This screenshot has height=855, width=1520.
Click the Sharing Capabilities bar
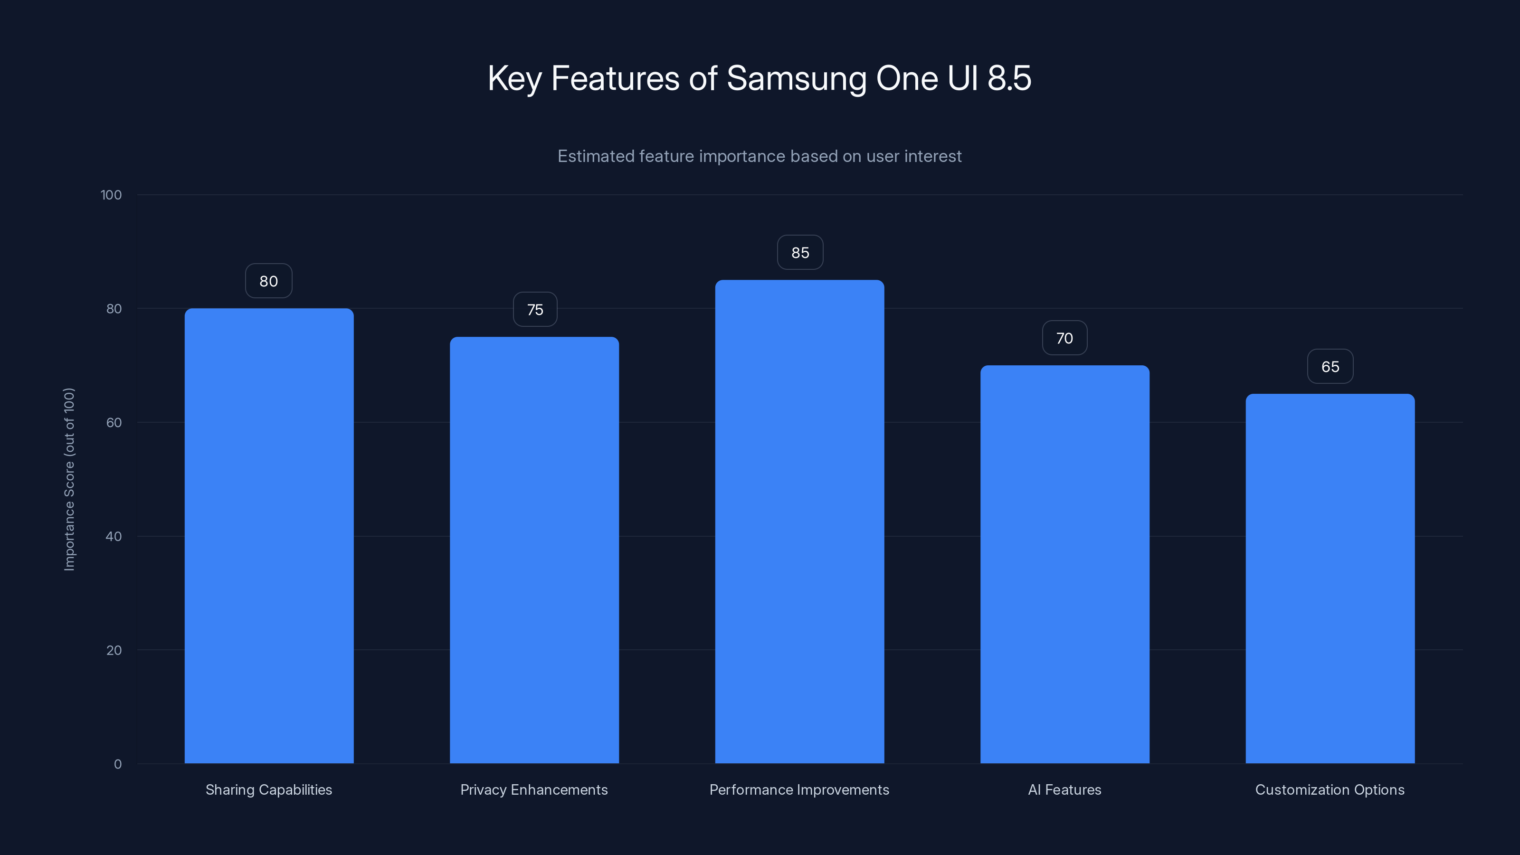tap(269, 536)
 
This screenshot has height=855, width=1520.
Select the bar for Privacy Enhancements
tap(534, 550)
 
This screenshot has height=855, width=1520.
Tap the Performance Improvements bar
tap(799, 522)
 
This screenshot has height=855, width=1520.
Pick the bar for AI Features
tap(1064, 564)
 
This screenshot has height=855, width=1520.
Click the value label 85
tap(800, 253)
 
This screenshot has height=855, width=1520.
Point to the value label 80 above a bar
tap(268, 281)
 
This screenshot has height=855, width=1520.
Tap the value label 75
tap(534, 310)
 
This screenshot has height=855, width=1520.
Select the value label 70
tap(1064, 338)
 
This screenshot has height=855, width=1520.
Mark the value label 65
tap(1330, 366)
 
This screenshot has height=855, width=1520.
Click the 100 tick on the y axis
tap(111, 195)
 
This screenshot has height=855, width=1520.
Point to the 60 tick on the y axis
tap(114, 422)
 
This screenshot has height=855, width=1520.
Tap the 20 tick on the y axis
tap(114, 650)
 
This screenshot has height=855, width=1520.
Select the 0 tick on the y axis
tap(117, 764)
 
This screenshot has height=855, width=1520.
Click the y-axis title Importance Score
tap(69, 479)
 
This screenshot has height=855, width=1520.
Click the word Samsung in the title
tap(796, 78)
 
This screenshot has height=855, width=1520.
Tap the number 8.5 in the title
tap(1009, 78)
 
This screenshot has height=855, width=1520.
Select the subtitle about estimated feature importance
tap(760, 156)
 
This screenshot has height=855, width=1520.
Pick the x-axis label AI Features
tap(1064, 789)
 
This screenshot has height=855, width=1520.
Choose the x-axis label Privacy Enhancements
tap(534, 789)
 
